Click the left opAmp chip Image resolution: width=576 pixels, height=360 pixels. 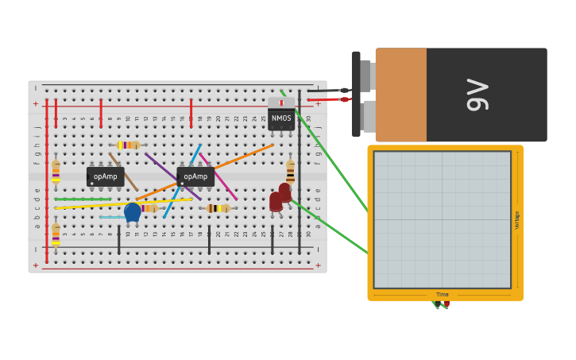point(105,176)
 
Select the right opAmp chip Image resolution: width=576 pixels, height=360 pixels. point(195,176)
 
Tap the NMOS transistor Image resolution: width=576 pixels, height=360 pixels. point(281,118)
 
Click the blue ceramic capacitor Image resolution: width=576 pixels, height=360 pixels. point(133,211)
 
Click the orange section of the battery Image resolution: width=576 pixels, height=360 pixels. point(400,95)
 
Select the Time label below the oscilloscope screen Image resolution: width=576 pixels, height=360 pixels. point(442,295)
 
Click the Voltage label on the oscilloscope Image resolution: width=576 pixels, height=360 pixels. point(517,220)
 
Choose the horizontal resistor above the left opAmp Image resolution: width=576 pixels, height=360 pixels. point(128,145)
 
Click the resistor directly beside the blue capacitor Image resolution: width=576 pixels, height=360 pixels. point(149,208)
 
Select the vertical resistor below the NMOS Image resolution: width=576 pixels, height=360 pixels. point(291,172)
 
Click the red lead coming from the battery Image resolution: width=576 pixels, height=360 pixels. point(330,99)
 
